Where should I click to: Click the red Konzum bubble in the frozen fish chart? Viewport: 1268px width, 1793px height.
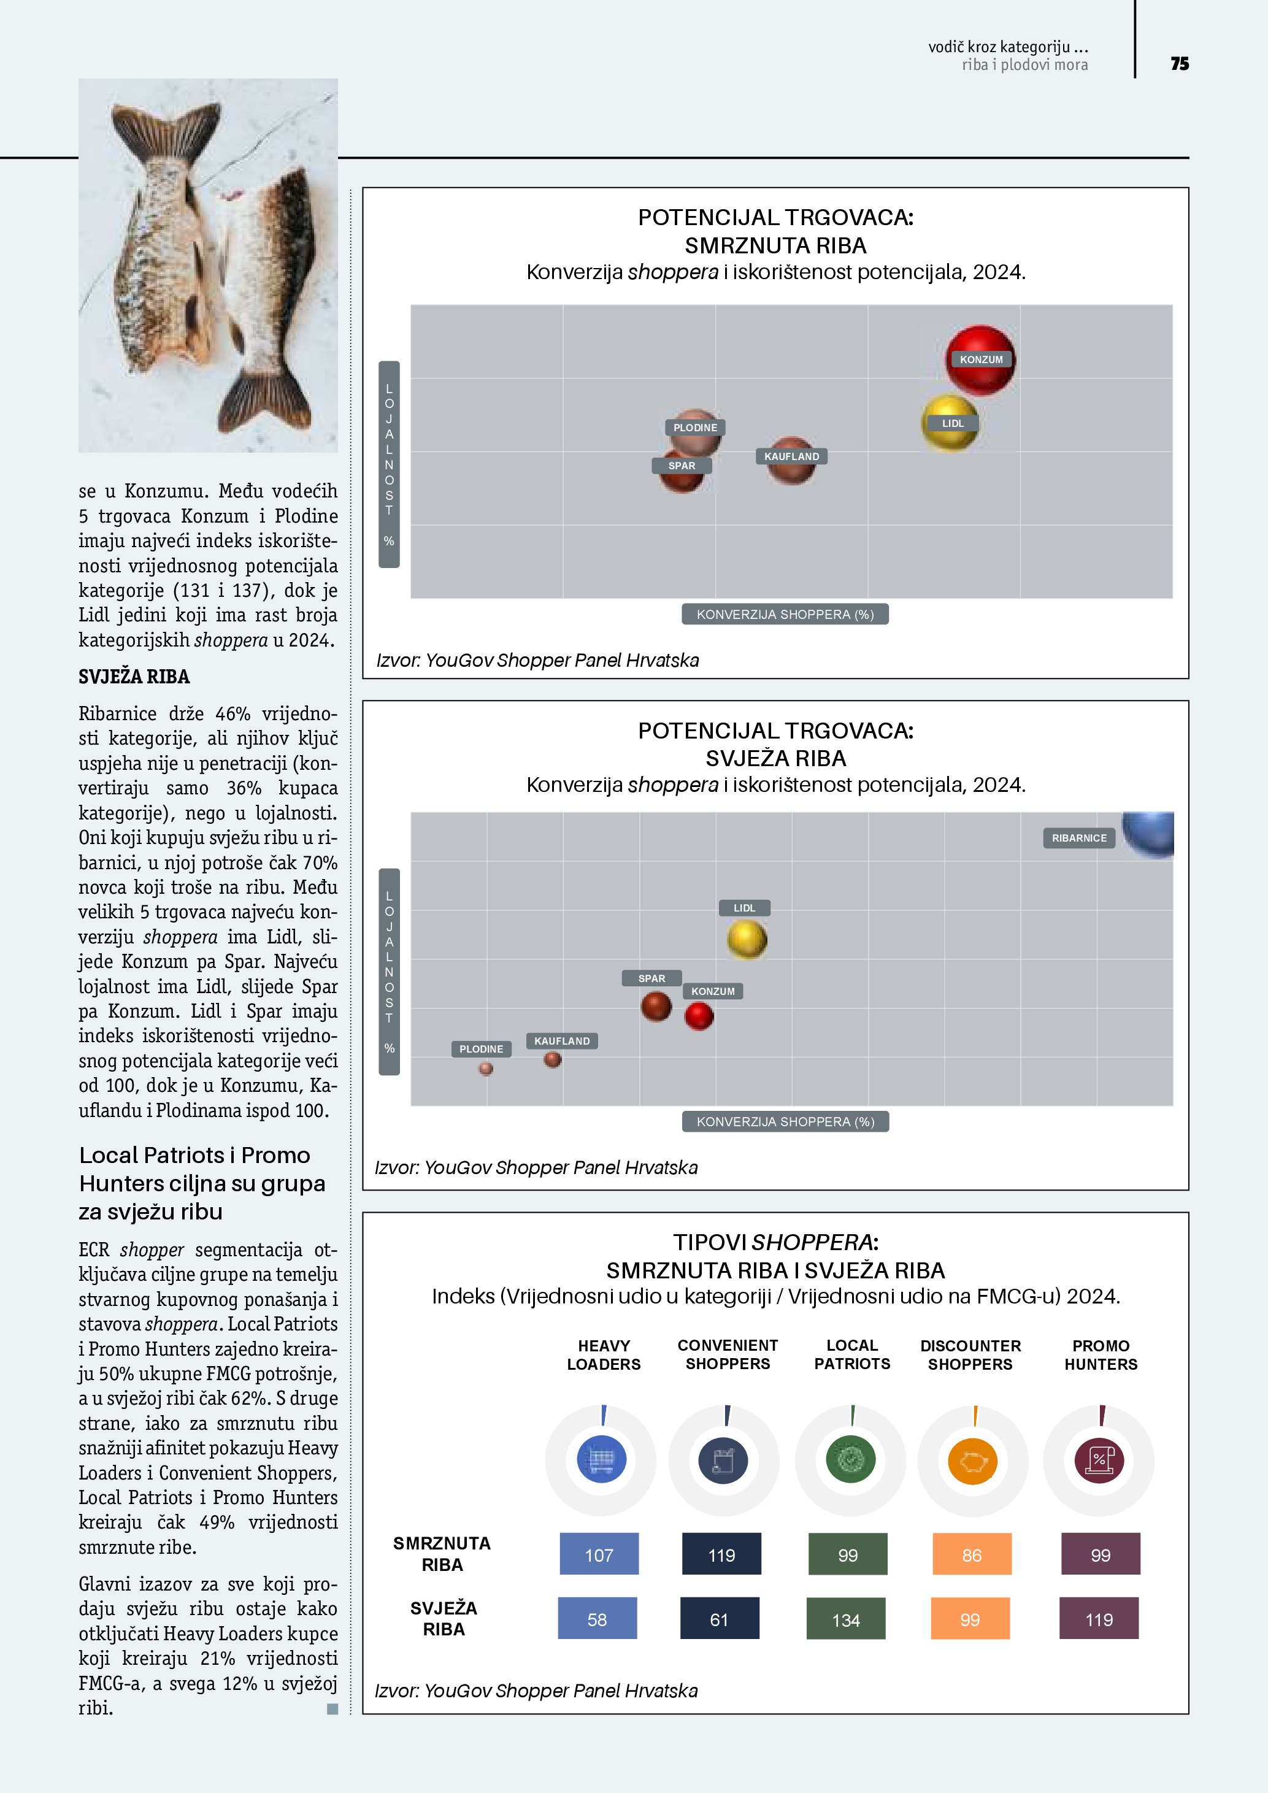click(x=981, y=360)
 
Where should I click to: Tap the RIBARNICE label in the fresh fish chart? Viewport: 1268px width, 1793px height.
click(x=1079, y=838)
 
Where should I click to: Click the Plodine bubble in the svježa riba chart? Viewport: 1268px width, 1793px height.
click(x=486, y=1069)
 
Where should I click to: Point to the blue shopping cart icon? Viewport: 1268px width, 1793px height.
click(x=601, y=1459)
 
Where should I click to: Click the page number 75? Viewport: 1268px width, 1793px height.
click(x=1179, y=64)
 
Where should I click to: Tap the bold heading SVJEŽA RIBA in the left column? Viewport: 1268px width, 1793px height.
click(x=134, y=676)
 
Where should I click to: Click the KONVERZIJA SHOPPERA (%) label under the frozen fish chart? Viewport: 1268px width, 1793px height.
click(x=785, y=615)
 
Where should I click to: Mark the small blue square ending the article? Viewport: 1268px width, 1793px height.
click(x=332, y=1709)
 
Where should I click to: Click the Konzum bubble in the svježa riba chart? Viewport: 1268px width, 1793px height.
click(x=699, y=1016)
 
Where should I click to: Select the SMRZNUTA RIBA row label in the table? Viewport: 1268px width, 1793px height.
click(x=442, y=1554)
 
